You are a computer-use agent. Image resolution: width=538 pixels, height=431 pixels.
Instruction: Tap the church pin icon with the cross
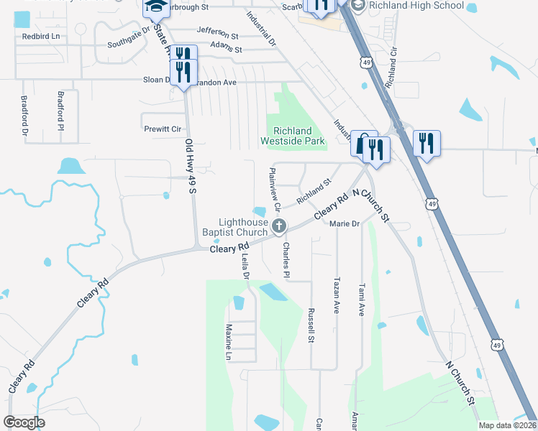(x=279, y=227)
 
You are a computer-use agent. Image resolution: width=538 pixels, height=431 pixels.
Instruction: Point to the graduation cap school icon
(x=155, y=7)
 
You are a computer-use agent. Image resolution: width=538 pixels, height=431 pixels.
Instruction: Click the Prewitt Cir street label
(x=162, y=129)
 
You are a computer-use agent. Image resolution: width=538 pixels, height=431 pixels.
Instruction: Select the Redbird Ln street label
(x=40, y=35)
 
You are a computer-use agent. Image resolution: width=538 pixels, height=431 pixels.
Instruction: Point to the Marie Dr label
(x=344, y=224)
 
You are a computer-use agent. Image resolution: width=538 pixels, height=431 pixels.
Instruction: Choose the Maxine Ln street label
(x=228, y=343)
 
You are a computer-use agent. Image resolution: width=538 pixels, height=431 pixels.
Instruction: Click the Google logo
(x=24, y=422)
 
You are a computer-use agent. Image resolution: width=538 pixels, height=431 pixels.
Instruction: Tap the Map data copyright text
(x=507, y=425)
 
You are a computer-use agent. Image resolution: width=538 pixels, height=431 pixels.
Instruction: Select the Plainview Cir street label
(x=274, y=189)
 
